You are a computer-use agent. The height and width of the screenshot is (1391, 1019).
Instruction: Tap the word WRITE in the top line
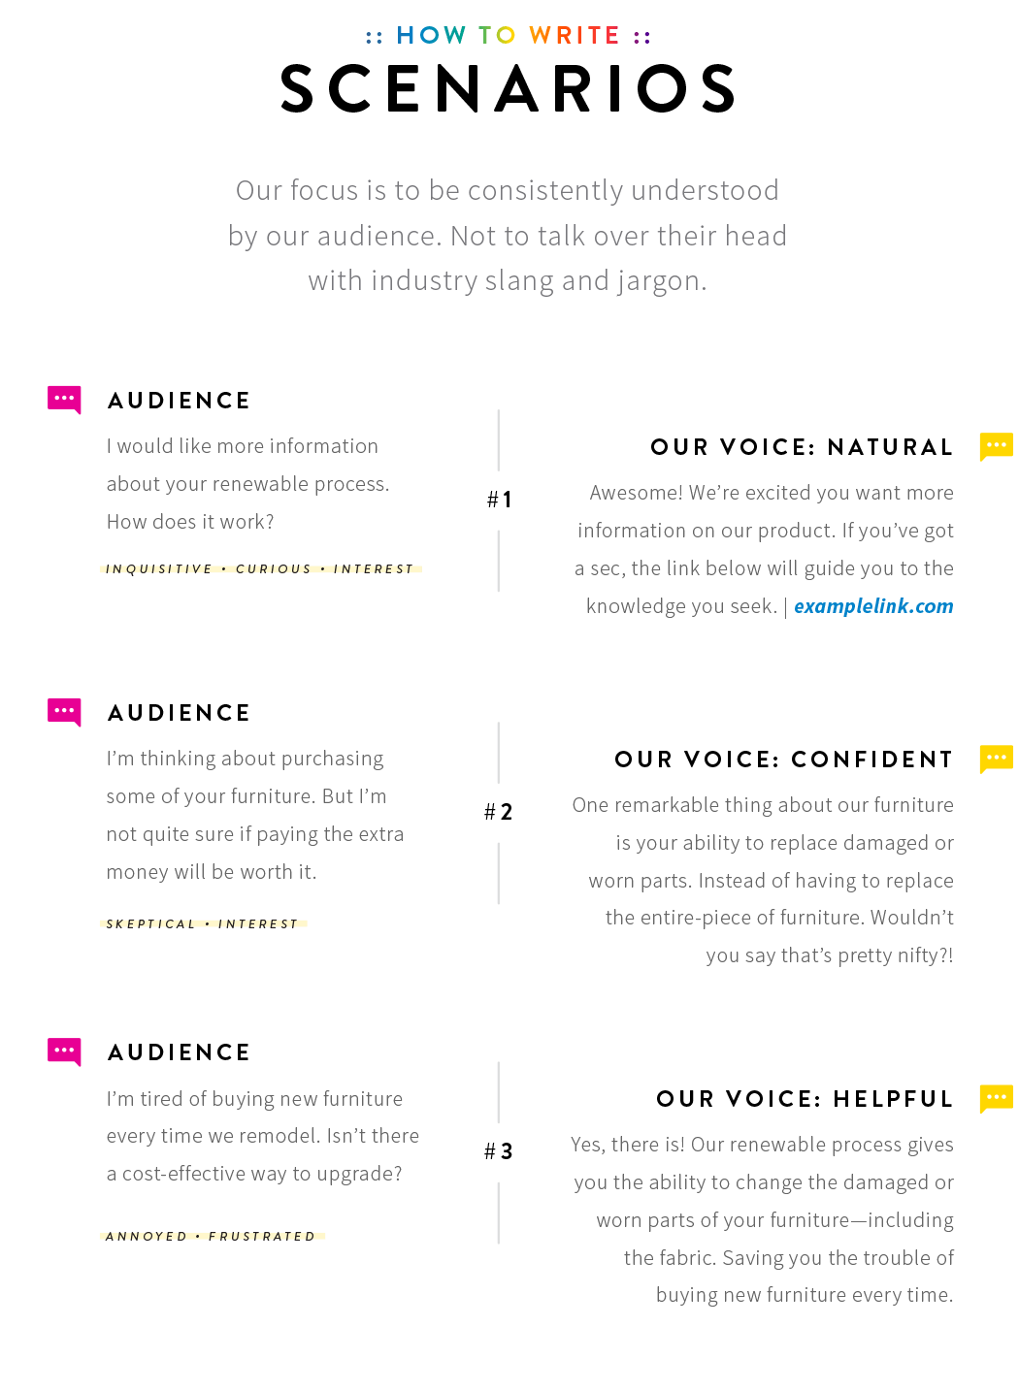coord(575,35)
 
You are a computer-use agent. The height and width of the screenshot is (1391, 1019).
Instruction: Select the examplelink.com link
coord(873,606)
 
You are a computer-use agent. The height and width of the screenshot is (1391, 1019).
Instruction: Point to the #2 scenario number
coord(498,812)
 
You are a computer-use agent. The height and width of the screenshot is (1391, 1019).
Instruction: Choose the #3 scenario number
coord(498,1151)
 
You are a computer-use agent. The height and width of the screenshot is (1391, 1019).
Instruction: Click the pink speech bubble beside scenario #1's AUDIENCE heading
coord(64,400)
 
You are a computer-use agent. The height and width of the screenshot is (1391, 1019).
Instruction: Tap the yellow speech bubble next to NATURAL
coord(996,446)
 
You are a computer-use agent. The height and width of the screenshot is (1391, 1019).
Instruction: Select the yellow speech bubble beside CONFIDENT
coord(996,759)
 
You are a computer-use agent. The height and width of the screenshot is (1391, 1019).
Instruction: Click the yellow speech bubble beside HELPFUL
coord(996,1099)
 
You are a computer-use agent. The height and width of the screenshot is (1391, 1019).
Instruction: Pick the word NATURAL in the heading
coord(890,447)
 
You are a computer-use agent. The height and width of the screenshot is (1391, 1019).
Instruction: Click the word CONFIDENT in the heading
coord(871,760)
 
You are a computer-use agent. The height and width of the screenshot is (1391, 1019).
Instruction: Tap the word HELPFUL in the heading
coord(893,1099)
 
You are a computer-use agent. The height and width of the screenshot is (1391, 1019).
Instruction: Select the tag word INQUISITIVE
coord(159,568)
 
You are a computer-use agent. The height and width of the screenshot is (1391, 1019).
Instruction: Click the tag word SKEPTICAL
coord(151,924)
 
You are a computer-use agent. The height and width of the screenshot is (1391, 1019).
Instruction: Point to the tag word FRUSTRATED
coord(262,1237)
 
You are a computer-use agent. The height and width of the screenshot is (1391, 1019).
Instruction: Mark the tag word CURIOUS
coord(274,568)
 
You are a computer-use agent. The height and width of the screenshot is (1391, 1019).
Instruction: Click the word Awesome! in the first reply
coord(637,493)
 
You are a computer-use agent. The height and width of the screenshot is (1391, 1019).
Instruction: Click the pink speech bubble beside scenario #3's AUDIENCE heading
coord(64,1051)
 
